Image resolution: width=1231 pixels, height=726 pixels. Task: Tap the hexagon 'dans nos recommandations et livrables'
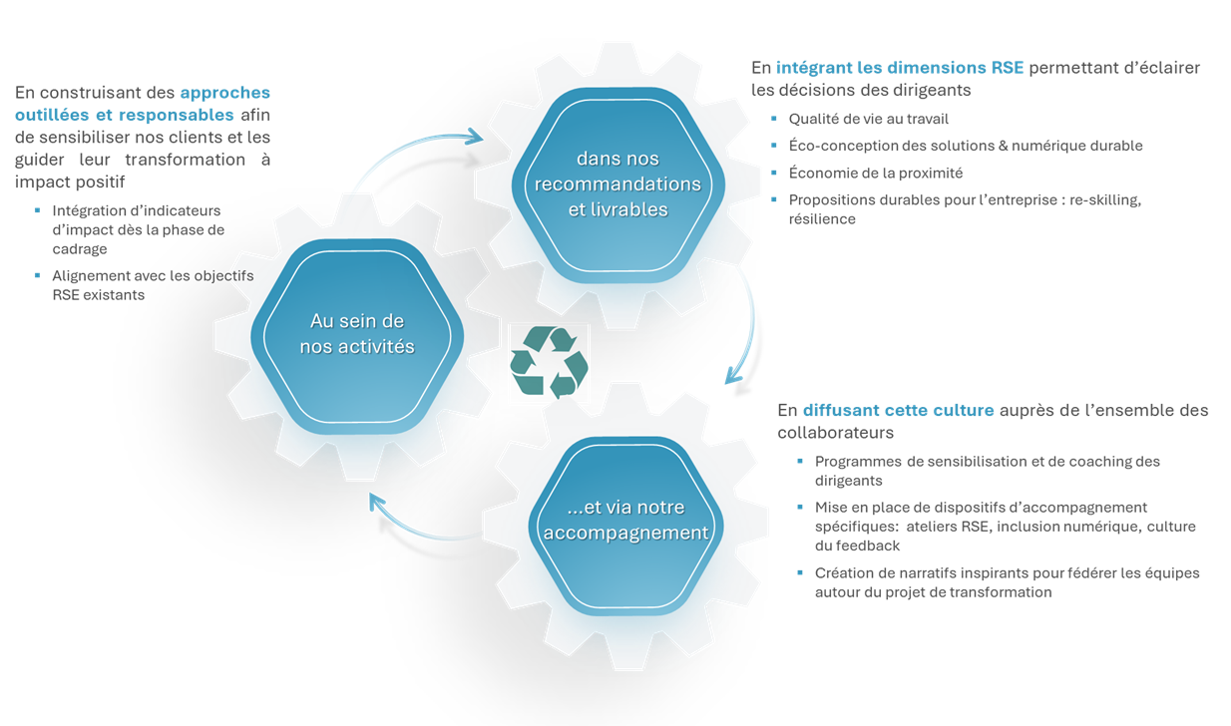[x=617, y=184]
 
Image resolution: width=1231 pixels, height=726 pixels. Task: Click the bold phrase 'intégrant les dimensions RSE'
[x=900, y=68]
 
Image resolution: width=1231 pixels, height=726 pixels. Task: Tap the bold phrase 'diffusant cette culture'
[x=898, y=410]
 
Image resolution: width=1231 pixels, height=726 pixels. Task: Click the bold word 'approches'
[x=224, y=93]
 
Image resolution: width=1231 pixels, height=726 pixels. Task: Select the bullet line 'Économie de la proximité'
[x=875, y=173]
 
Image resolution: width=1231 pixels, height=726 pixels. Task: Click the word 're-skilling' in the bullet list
[x=1104, y=199]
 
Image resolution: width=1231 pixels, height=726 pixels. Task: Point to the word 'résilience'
[x=822, y=218]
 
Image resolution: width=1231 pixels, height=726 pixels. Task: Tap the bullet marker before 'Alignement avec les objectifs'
[x=38, y=275]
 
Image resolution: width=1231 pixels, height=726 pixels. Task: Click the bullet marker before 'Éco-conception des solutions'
[x=774, y=146]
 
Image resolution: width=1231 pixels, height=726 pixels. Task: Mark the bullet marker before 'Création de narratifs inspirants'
[x=800, y=572]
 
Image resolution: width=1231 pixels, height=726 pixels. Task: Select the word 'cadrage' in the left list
[x=80, y=248]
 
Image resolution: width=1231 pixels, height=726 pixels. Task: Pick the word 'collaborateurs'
[x=835, y=433]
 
